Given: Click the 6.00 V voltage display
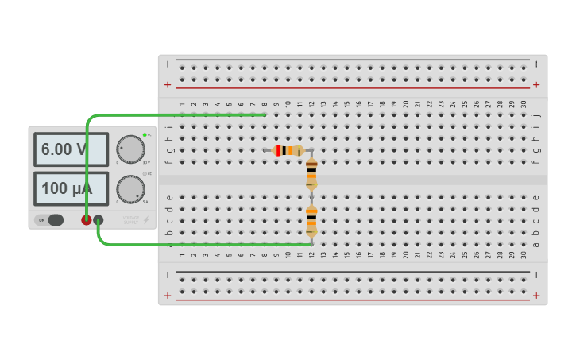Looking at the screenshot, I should (x=71, y=149).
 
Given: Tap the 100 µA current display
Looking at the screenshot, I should (x=71, y=189).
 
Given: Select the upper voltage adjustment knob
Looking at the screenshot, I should (x=131, y=149).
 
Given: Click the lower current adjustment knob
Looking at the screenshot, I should (x=130, y=189).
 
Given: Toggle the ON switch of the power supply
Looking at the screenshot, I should (x=54, y=220).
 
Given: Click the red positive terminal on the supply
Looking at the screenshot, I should (x=86, y=220).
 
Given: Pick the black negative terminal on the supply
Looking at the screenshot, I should (x=99, y=220).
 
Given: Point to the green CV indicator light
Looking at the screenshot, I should (x=145, y=134).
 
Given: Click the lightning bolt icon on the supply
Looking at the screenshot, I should (x=145, y=220).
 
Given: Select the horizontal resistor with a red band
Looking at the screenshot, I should (x=288, y=150).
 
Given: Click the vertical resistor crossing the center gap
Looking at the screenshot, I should (x=311, y=173).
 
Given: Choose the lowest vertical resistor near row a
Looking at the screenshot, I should (x=311, y=220).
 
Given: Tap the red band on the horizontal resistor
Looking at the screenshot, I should (x=279, y=150).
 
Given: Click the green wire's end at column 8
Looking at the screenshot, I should (x=264, y=114).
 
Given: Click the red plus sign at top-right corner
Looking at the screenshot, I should (x=536, y=84).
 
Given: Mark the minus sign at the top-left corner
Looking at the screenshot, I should (x=168, y=64).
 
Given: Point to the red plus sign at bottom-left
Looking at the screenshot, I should (x=168, y=296).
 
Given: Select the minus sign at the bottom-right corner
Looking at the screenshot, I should (x=536, y=275).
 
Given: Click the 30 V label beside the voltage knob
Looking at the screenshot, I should (x=145, y=162).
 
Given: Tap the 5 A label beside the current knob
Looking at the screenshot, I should (x=145, y=202).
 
